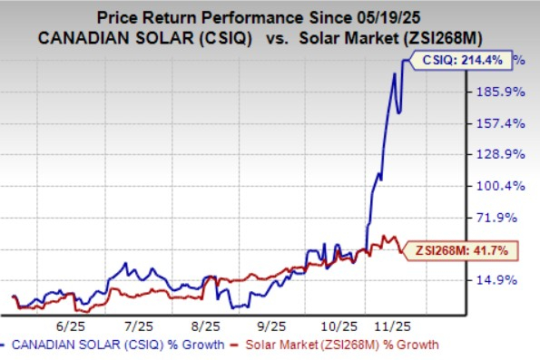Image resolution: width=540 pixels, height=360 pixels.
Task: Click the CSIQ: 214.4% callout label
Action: click(462, 61)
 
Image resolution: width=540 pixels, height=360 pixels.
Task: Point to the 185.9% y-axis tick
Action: click(496, 92)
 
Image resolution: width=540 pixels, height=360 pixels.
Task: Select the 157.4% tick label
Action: click(496, 122)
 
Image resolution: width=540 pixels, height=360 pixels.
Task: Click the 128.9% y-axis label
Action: click(496, 154)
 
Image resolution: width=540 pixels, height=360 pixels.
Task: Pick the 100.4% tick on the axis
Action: click(496, 186)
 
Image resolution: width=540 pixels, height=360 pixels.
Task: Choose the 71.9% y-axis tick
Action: click(498, 217)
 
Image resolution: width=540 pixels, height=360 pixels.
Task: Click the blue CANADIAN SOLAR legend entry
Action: click(117, 345)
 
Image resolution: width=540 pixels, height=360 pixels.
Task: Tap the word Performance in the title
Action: click(272, 16)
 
